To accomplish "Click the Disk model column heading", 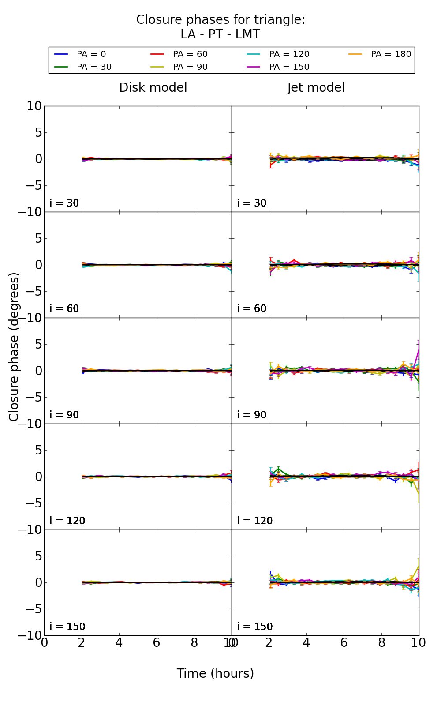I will click(x=153, y=88).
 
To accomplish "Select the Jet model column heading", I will click(x=316, y=88).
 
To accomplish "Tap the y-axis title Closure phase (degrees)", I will click(x=14, y=347).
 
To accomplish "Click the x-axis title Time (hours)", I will click(x=215, y=673).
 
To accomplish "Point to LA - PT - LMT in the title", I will click(x=220, y=34).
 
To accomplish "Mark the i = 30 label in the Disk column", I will click(x=64, y=203).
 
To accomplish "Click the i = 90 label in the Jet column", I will click(x=252, y=415).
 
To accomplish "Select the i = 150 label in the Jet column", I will click(x=255, y=627).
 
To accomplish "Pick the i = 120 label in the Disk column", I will click(x=67, y=521).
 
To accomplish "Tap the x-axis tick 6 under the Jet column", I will click(x=344, y=643).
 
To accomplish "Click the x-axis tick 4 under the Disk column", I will click(x=119, y=643).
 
